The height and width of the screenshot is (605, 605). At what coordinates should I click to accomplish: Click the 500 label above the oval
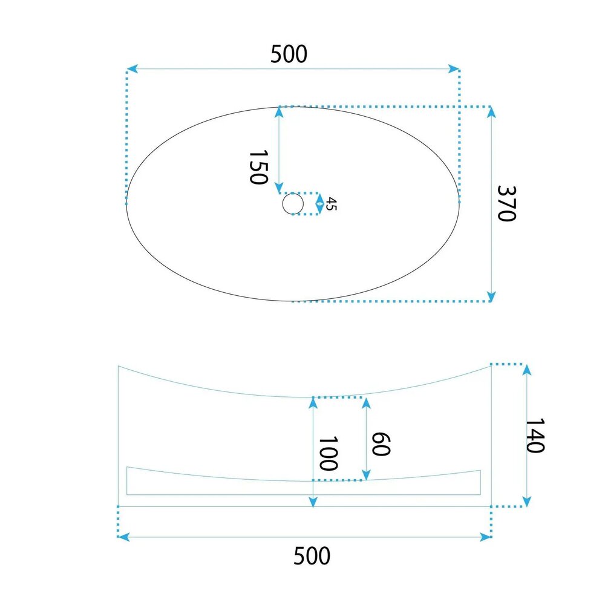289,54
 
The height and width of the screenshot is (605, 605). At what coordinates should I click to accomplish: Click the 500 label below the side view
312,555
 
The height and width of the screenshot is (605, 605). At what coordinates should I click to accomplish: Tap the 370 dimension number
506,203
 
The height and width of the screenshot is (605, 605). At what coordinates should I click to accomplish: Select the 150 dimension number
258,167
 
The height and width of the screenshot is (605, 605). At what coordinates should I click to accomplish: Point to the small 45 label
331,204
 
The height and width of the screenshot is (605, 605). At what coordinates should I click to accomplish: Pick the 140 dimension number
535,435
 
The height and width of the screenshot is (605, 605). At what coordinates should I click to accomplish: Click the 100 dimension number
328,453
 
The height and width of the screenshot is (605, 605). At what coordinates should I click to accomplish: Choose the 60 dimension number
381,444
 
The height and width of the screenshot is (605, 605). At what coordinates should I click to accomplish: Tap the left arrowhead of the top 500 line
132,69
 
